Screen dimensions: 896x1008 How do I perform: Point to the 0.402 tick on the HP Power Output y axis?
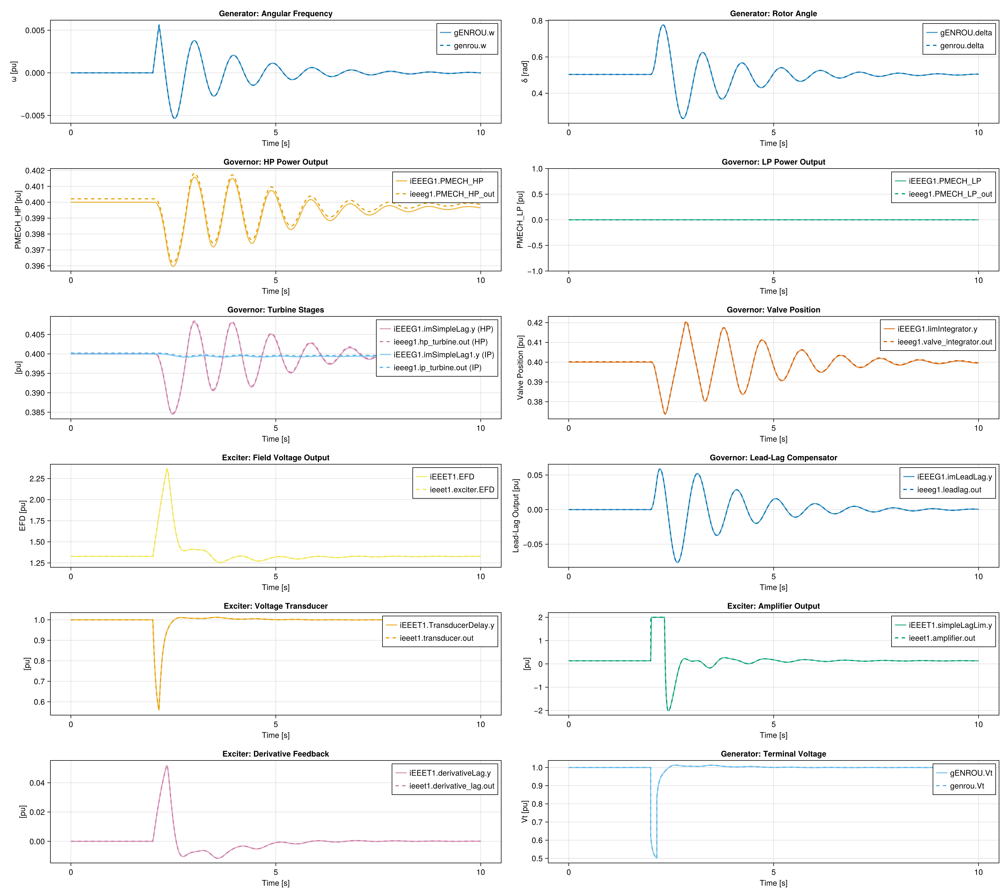click(x=35, y=171)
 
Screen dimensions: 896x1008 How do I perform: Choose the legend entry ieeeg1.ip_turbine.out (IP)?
click(x=437, y=367)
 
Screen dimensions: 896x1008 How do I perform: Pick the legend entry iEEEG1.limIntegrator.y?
click(x=937, y=329)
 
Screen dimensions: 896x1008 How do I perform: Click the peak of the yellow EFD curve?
click(x=167, y=469)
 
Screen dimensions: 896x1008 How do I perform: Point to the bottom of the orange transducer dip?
click(x=159, y=709)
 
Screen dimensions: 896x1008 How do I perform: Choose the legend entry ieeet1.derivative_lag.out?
click(x=451, y=786)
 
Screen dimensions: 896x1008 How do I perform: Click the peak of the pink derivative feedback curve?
click(x=167, y=766)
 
